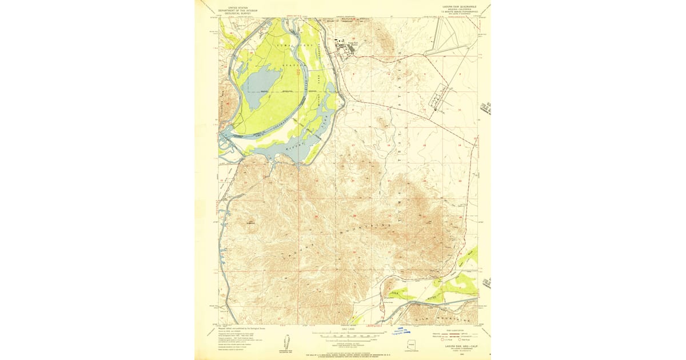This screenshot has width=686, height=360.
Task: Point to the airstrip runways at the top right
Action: point(452,43)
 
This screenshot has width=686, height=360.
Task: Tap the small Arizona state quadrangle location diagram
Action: point(412,346)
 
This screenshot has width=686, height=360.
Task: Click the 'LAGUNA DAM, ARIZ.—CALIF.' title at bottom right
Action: point(456,345)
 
